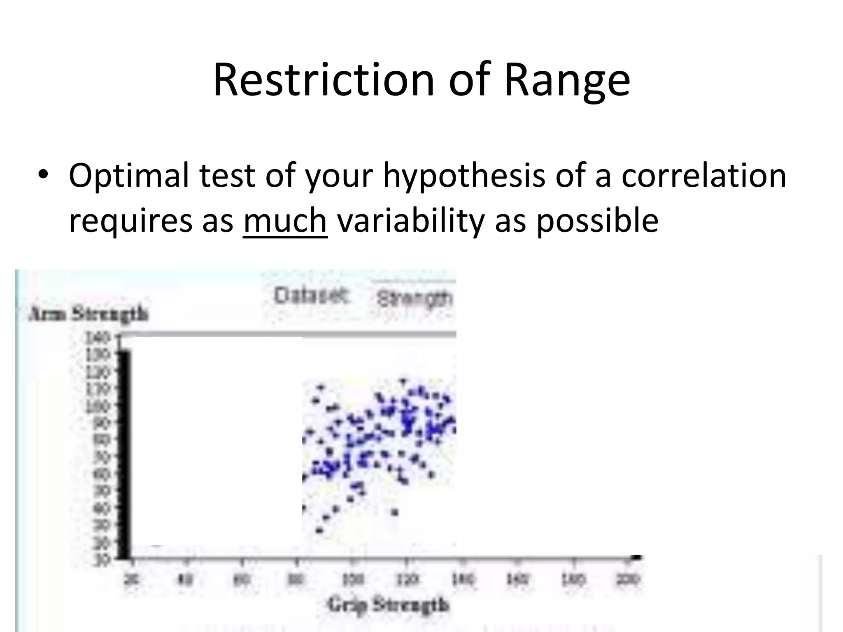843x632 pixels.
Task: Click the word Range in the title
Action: [567, 80]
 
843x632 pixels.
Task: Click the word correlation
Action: [703, 175]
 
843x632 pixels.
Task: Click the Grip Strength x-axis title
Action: [388, 605]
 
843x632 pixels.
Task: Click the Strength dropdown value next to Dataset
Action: [414, 298]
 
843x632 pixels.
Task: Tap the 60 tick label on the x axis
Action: [242, 579]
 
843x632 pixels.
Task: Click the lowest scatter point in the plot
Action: [319, 530]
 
